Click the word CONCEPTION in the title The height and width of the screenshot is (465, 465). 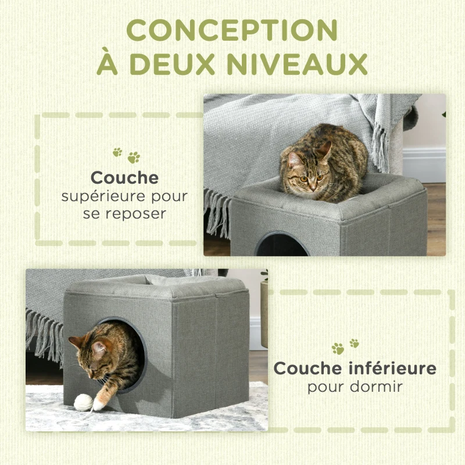click(x=233, y=30)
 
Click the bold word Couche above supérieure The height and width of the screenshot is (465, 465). click(x=124, y=177)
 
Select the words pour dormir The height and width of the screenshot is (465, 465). click(x=355, y=386)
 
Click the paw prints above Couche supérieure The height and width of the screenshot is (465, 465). click(x=126, y=155)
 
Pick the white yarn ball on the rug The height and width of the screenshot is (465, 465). click(x=83, y=402)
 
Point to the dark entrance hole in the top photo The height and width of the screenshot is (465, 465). click(x=282, y=246)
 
